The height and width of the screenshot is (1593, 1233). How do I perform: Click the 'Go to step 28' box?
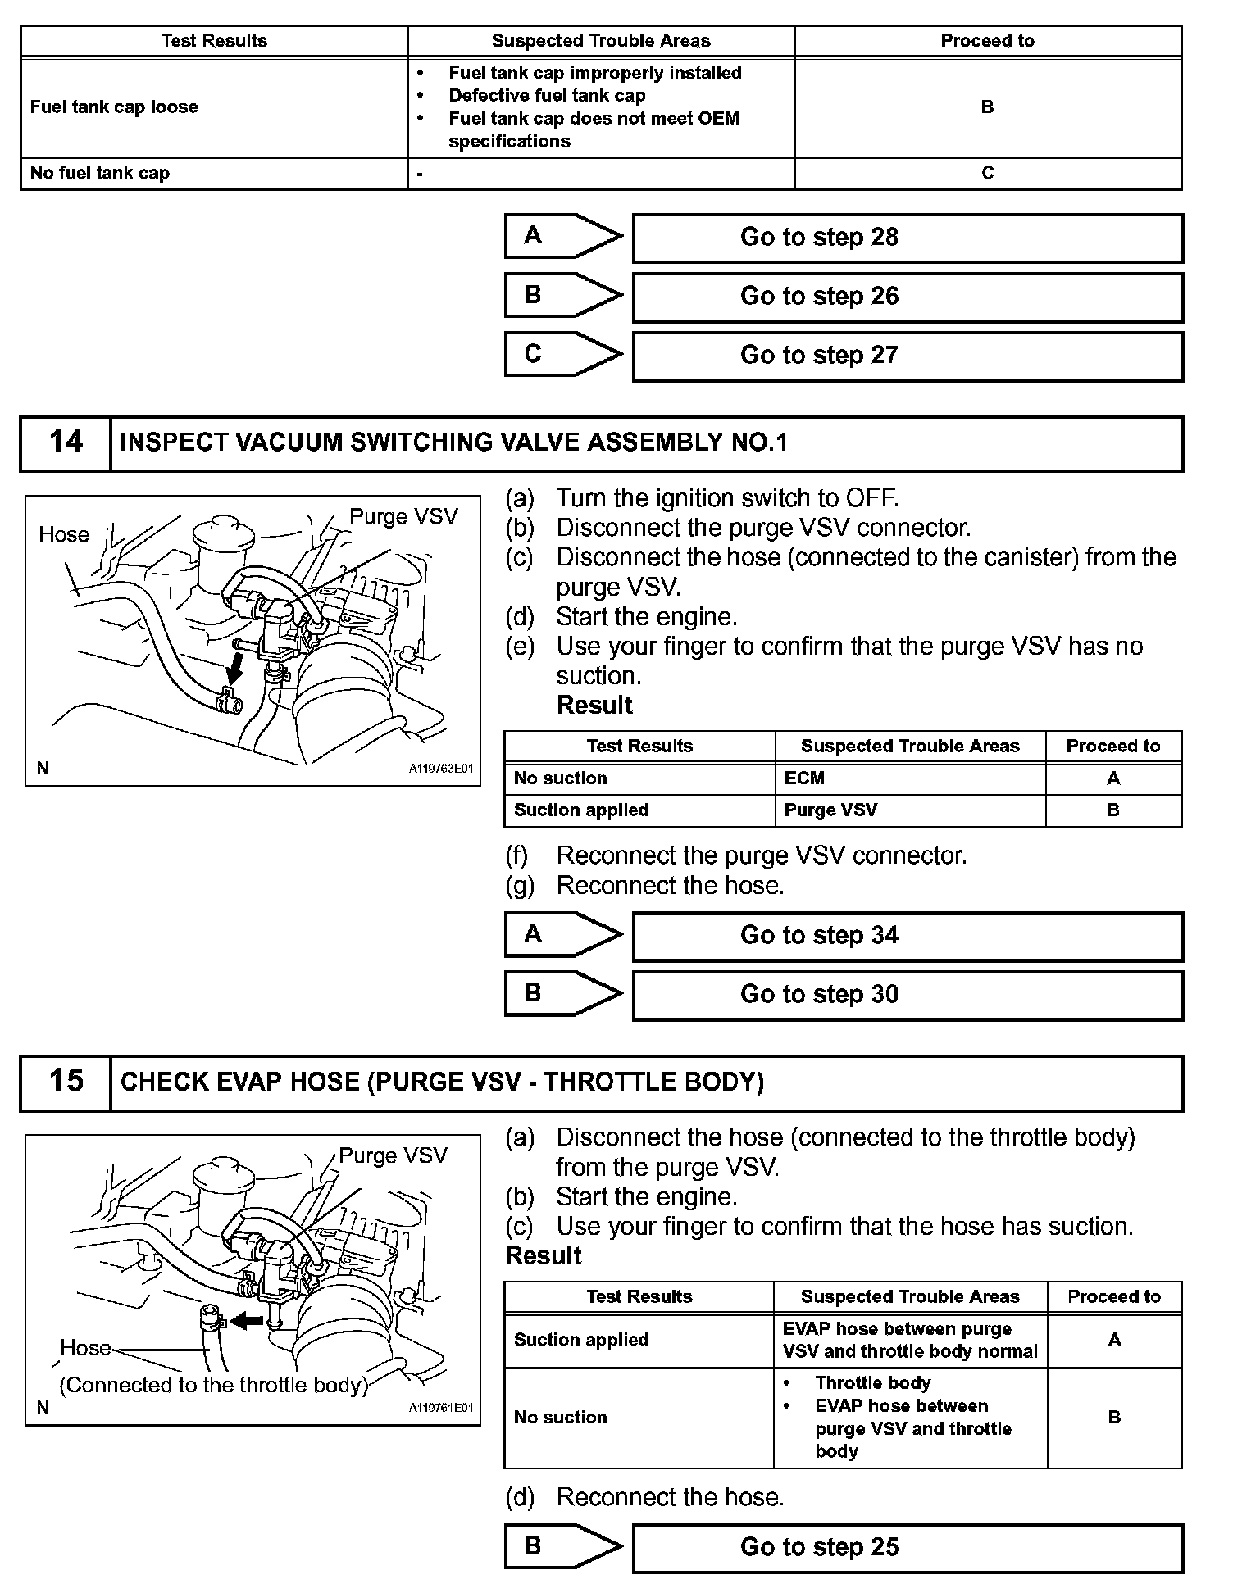(x=907, y=238)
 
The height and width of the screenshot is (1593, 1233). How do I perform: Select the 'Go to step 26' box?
(x=907, y=297)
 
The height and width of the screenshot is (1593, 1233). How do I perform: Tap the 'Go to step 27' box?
(x=907, y=356)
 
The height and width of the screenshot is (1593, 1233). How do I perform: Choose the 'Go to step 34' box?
(x=907, y=936)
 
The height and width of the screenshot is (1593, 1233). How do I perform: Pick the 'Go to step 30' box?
(x=907, y=995)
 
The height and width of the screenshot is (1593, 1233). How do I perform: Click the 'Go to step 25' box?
(x=907, y=1547)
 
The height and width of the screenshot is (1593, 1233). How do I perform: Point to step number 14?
(x=66, y=442)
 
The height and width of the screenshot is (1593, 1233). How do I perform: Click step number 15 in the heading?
(x=66, y=1082)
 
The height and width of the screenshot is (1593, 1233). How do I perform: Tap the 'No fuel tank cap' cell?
(x=99, y=174)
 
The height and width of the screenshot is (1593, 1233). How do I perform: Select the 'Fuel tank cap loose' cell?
(x=114, y=107)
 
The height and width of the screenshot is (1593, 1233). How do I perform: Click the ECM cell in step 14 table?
(x=804, y=778)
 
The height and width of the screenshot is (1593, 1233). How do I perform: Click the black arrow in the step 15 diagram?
(x=247, y=1321)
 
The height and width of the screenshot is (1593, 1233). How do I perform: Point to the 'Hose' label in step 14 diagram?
(x=64, y=535)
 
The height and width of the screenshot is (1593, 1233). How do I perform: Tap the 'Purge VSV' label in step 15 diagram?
(x=393, y=1155)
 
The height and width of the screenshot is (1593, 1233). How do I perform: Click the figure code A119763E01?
(x=440, y=769)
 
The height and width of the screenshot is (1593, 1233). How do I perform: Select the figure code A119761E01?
(x=440, y=1408)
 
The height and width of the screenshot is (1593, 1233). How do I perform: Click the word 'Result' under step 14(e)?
(x=594, y=706)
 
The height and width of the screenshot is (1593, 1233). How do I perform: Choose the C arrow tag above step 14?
(x=562, y=354)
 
